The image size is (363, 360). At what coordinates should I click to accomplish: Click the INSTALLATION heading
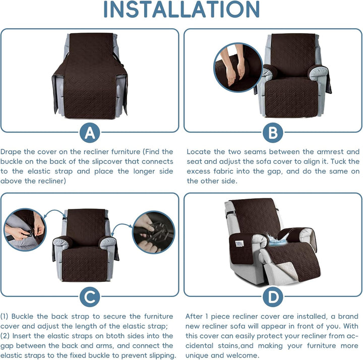[181, 9]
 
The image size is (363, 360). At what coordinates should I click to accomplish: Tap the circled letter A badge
[90, 133]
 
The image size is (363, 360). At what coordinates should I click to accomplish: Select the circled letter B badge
[273, 133]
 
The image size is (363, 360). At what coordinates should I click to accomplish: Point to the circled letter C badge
[90, 297]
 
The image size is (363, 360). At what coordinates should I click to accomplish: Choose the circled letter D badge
[273, 297]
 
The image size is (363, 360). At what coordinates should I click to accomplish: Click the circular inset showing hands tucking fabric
[238, 68]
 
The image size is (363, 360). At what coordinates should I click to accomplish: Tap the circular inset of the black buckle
[153, 232]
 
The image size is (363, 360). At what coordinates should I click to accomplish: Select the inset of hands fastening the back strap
[25, 229]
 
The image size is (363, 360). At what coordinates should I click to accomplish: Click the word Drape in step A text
[11, 152]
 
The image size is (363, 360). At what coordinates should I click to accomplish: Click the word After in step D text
[194, 316]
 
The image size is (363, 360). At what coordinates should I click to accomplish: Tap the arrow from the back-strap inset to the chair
[54, 213]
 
